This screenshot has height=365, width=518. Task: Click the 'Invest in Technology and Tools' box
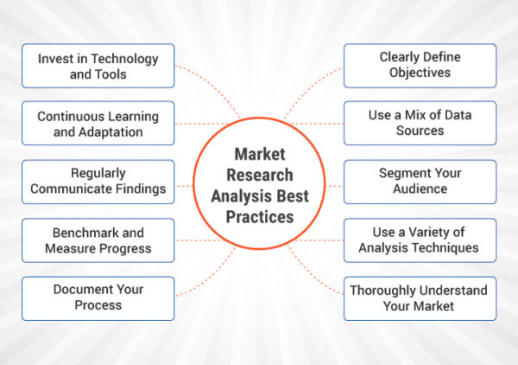[x=98, y=66]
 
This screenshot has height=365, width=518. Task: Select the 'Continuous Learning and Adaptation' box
[x=98, y=123]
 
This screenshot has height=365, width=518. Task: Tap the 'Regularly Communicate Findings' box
[x=98, y=182]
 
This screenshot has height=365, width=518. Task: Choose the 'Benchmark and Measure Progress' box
[x=98, y=240]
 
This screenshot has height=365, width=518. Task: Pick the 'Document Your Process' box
[x=98, y=298]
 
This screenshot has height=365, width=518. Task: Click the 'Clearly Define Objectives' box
[x=420, y=66]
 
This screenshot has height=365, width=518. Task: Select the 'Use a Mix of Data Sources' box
[x=420, y=123]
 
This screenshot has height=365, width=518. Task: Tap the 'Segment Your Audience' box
[x=420, y=182]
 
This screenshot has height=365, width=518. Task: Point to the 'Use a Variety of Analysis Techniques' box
[x=420, y=240]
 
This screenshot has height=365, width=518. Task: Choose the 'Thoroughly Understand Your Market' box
[x=420, y=298]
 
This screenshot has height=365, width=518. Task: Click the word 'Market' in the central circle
[x=260, y=154]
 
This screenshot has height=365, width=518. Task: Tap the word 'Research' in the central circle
[x=260, y=175]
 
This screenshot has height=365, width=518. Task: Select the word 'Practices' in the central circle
[x=260, y=217]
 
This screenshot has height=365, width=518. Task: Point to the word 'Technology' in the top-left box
[x=124, y=59]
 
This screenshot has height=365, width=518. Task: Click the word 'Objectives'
[x=420, y=73]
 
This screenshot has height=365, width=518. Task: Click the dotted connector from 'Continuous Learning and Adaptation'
[x=201, y=124]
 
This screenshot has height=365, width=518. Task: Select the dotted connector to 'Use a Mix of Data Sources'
[x=317, y=124]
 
